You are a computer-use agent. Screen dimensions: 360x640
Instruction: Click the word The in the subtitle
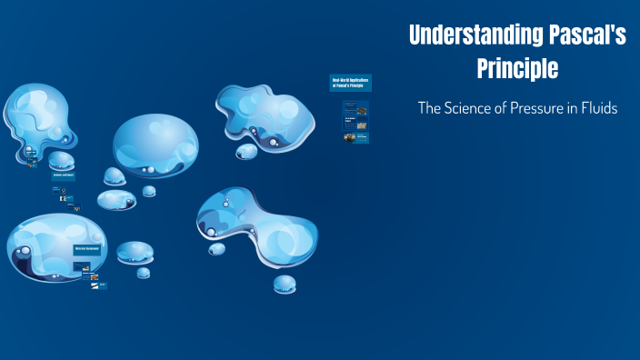(x=429, y=107)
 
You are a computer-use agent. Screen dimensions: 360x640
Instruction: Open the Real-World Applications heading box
(x=352, y=85)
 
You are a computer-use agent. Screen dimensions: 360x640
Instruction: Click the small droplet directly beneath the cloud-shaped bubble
(x=246, y=151)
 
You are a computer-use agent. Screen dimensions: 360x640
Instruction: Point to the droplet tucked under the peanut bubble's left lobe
(x=215, y=248)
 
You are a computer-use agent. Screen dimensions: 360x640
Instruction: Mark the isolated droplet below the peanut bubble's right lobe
(x=285, y=283)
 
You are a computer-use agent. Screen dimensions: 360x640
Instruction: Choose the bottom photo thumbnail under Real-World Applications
(x=350, y=138)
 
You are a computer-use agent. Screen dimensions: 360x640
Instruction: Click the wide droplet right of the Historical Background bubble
(x=135, y=252)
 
